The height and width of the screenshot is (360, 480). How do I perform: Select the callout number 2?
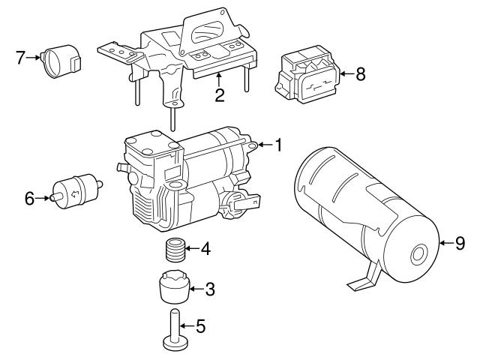pos(219,94)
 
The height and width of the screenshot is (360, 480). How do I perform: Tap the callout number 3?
pos(210,288)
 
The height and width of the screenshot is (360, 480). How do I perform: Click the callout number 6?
pos(29,199)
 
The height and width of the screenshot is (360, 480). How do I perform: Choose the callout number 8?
pos(360,74)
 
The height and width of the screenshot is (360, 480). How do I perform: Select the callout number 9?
pos(460,242)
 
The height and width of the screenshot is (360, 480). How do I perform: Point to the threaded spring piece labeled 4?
pos(174,250)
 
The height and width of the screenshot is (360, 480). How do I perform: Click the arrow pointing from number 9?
pos(444,242)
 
